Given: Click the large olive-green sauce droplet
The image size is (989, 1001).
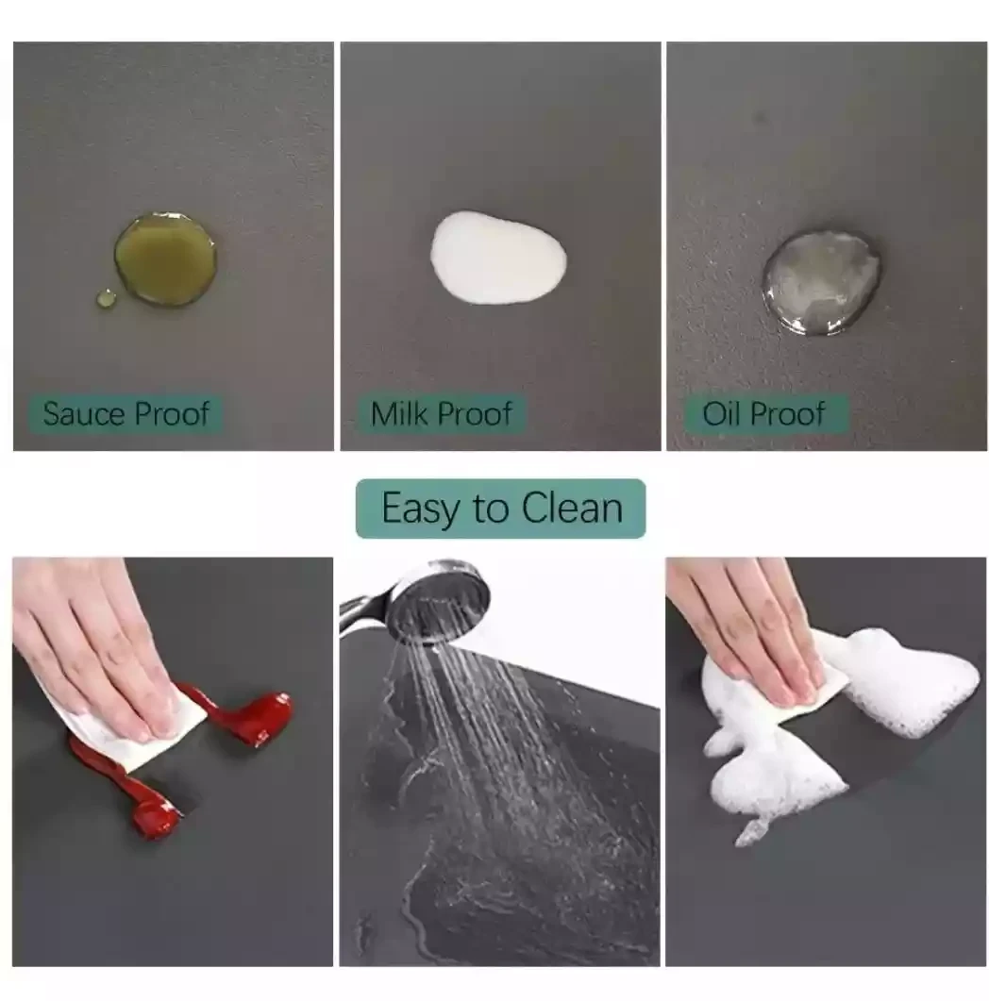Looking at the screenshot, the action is point(165,259).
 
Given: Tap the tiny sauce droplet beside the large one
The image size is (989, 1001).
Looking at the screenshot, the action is point(106,299).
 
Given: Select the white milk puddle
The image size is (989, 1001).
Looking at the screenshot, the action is point(498,258).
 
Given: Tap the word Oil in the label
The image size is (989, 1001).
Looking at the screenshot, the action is point(722,413).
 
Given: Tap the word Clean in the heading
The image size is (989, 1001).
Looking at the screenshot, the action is point(572,509).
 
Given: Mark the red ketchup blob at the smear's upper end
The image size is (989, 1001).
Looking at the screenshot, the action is point(256,715).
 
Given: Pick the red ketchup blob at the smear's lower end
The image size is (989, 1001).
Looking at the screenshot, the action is point(153,810).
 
